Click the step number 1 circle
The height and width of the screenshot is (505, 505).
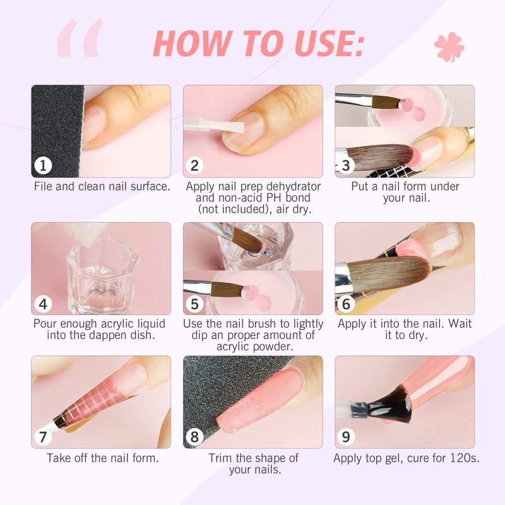click(43, 165)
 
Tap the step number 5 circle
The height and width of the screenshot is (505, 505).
click(194, 304)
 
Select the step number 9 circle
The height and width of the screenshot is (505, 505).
click(346, 437)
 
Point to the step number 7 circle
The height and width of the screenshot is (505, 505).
click(43, 437)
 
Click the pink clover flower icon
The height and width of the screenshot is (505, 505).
click(449, 47)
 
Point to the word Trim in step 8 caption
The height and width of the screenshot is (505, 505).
click(220, 458)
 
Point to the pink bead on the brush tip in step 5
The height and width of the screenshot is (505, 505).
click(249, 292)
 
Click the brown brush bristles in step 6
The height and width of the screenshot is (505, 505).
click(389, 273)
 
